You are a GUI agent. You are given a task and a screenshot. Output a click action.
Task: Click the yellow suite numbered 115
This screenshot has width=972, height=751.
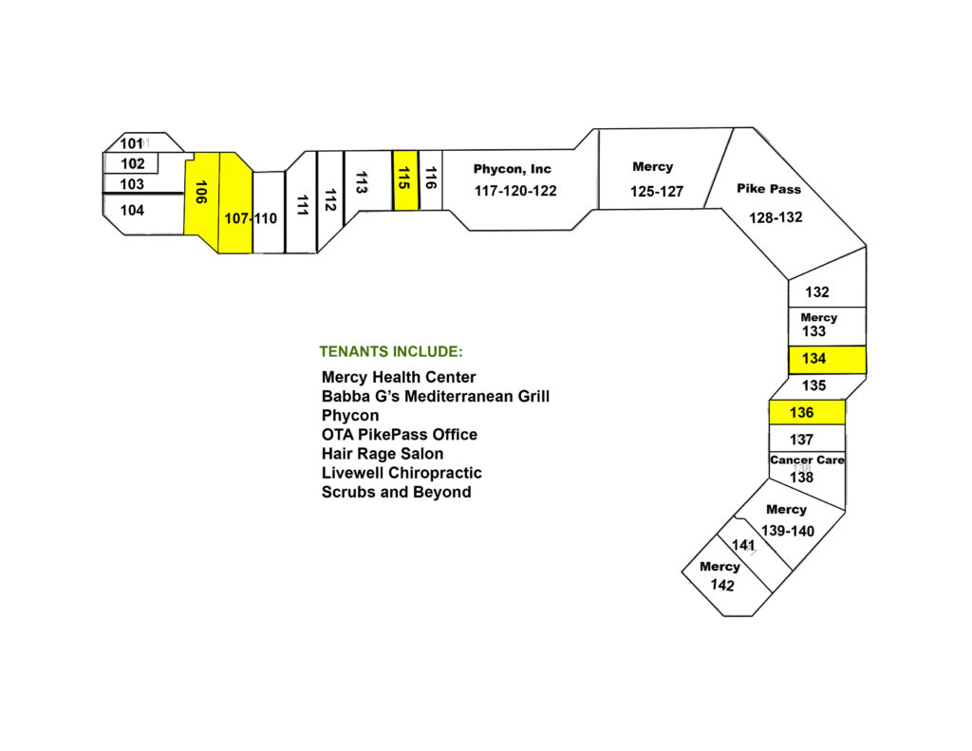405,179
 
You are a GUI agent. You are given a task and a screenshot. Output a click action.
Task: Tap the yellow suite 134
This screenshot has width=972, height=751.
827,360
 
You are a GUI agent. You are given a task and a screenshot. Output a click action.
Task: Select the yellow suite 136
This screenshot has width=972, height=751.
807,412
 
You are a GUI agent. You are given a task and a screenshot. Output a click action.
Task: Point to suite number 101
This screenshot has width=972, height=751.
131,144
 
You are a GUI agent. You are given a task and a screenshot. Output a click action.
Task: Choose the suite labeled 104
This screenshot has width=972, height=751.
132,210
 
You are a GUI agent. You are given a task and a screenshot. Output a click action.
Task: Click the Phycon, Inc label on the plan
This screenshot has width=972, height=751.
512,169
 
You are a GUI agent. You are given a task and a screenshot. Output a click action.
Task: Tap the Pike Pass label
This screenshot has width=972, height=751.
769,189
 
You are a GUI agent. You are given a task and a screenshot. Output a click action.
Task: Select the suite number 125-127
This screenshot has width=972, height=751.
657,192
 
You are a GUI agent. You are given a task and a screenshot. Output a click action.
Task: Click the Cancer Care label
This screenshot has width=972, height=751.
807,460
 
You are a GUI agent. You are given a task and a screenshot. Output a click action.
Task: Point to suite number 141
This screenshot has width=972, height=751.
743,545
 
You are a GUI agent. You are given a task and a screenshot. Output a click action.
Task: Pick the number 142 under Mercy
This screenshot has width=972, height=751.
722,585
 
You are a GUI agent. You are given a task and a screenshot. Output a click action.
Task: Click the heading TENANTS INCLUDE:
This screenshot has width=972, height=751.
391,351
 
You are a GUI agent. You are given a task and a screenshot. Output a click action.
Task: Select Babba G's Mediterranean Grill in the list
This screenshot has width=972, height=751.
435,396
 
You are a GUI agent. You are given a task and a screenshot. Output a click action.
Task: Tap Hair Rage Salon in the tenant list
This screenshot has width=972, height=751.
383,454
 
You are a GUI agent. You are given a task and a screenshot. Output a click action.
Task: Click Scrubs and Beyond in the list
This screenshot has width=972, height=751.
396,493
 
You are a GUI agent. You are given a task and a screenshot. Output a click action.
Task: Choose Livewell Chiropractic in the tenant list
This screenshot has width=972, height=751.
402,473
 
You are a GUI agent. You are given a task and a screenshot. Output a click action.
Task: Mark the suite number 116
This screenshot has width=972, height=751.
431,178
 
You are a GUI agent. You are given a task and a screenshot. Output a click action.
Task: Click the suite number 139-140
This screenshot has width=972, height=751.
787,531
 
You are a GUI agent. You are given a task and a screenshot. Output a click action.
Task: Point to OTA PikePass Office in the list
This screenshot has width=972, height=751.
400,435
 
